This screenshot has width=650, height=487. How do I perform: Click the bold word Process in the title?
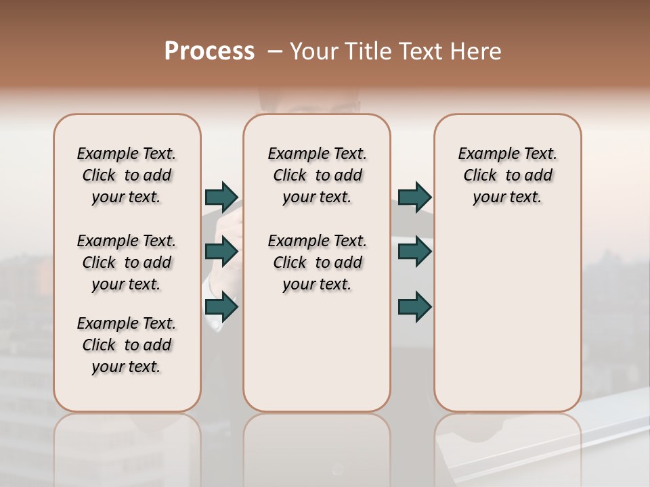(x=209, y=51)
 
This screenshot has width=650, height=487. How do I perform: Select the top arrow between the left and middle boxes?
(x=221, y=197)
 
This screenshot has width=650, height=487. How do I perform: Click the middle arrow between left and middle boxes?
(x=221, y=252)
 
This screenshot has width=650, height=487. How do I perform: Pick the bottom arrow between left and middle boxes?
(x=221, y=307)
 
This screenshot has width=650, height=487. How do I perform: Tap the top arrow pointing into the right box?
(x=414, y=197)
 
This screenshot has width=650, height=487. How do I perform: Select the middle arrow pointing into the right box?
(x=414, y=252)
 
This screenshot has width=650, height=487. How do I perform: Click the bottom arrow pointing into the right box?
(x=414, y=307)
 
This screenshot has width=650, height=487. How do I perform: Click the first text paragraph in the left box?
(x=127, y=175)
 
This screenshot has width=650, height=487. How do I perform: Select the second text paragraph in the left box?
(x=127, y=262)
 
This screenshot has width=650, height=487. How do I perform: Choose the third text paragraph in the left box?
(x=127, y=345)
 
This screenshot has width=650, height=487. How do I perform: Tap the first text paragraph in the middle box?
(x=317, y=175)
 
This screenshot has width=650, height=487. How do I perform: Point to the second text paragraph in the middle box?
(x=317, y=262)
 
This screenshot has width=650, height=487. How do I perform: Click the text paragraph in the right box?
(x=508, y=175)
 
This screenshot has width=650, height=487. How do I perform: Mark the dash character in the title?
(x=274, y=51)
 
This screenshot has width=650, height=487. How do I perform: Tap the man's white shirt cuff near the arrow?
(x=215, y=325)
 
